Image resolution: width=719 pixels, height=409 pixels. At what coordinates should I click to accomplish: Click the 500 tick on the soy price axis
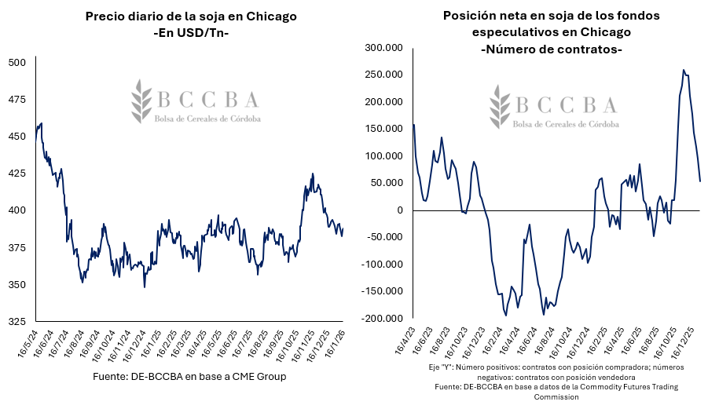pyautogui.click(x=17, y=63)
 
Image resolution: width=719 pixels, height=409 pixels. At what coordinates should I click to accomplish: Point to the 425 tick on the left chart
pyautogui.click(x=17, y=173)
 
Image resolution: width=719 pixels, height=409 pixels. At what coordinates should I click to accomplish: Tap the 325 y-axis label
pyautogui.click(x=17, y=322)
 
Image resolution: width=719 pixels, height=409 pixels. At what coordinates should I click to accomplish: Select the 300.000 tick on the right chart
pyautogui.click(x=382, y=48)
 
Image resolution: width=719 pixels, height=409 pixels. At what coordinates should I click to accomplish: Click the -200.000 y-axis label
pyautogui.click(x=380, y=319)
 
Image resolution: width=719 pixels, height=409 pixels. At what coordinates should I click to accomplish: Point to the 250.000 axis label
pyautogui.click(x=382, y=75)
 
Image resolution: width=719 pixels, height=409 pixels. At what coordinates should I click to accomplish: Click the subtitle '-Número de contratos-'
pyautogui.click(x=551, y=49)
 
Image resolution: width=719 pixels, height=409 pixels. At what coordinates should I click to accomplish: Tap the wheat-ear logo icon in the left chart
pyautogui.click(x=142, y=100)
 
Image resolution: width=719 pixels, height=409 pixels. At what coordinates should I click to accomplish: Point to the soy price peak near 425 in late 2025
pyautogui.click(x=313, y=174)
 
